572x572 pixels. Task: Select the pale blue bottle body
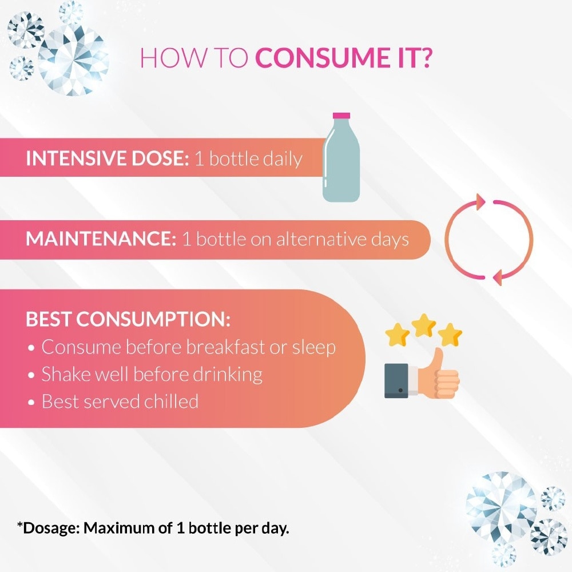tap(341, 166)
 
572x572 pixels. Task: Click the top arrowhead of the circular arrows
tap(479, 201)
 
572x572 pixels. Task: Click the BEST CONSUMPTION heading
tap(128, 319)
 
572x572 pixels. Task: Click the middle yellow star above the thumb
tap(424, 325)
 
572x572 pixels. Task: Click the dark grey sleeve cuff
tap(396, 380)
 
